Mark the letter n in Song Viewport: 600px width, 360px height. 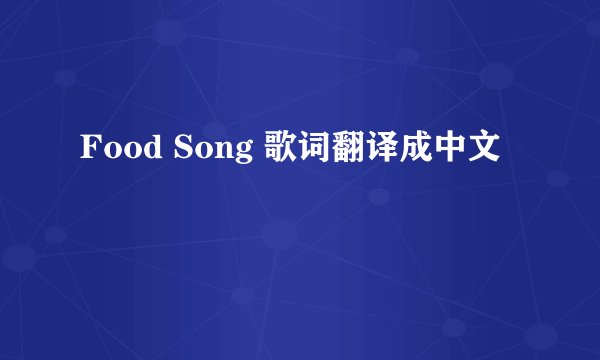tap(221, 152)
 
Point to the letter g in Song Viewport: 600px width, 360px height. tap(241, 154)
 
